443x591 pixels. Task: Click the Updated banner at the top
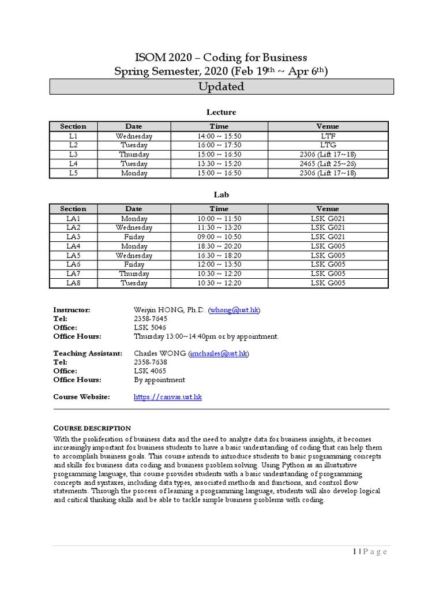click(x=221, y=87)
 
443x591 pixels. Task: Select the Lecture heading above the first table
click(x=221, y=112)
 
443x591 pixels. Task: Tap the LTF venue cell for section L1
click(x=328, y=136)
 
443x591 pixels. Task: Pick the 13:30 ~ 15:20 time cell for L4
click(x=219, y=164)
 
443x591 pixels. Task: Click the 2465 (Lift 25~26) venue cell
click(x=328, y=164)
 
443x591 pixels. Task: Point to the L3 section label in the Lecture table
click(x=73, y=155)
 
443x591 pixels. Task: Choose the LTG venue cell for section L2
click(x=328, y=145)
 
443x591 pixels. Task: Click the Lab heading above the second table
click(x=221, y=195)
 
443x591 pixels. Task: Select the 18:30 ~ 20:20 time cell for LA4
click(x=219, y=246)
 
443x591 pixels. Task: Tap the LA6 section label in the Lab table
click(x=73, y=265)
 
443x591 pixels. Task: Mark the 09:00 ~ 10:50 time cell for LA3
click(x=219, y=237)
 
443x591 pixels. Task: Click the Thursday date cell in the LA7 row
click(x=134, y=274)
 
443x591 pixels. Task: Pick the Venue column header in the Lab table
click(x=328, y=209)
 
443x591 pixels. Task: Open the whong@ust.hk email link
click(x=234, y=311)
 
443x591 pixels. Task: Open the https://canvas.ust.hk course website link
click(x=167, y=397)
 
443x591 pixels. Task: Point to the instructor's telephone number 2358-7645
click(x=151, y=319)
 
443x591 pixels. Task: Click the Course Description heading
click(x=92, y=428)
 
